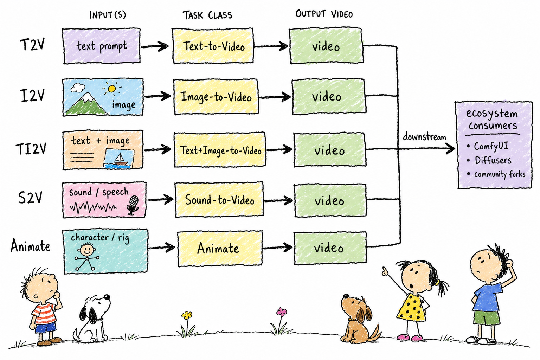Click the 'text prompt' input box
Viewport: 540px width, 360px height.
102,46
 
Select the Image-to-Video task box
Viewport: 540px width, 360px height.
216,97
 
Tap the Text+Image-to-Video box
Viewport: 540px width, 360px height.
220,150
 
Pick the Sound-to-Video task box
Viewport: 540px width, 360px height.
219,200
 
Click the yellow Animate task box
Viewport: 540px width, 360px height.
220,248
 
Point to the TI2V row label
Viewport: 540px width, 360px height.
31,148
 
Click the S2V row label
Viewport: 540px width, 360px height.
30,198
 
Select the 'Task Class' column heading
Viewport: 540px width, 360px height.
207,15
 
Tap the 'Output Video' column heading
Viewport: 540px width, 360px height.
324,14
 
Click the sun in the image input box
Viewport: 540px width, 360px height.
112,89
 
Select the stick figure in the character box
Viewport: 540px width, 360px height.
87,256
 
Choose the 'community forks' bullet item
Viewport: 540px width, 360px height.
496,174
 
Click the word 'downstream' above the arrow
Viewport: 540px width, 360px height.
424,137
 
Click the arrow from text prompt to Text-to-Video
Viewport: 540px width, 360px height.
155,46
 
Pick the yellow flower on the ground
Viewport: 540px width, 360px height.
187,315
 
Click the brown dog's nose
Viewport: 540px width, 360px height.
346,296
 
